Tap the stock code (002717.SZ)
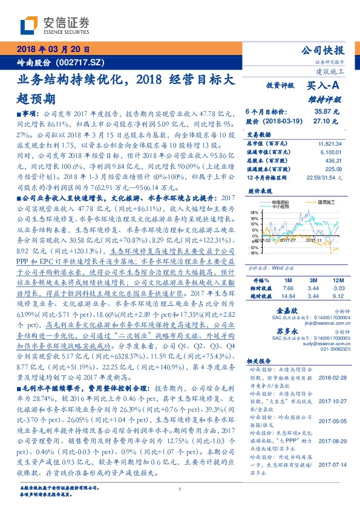[81, 62]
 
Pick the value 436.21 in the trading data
[334, 161]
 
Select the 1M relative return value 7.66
[287, 289]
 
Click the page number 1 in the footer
[180, 489]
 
